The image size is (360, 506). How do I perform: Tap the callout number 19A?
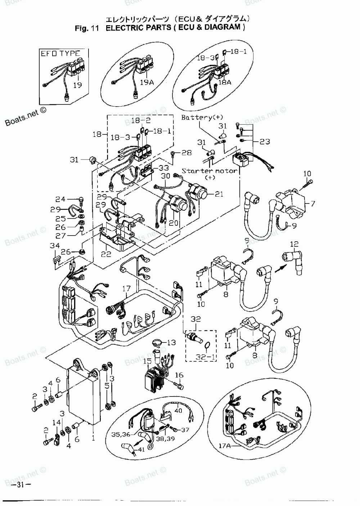(147, 82)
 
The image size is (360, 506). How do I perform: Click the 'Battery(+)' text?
(202, 117)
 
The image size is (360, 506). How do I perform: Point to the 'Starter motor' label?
(210, 171)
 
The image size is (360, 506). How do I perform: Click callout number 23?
(265, 142)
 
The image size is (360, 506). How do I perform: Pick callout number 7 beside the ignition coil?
(312, 203)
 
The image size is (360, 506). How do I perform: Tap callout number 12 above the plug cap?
(294, 245)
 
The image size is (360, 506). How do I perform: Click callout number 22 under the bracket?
(106, 254)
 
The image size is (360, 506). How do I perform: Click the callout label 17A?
(224, 445)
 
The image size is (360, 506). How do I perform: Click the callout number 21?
(219, 194)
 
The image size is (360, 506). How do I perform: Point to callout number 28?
(186, 153)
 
